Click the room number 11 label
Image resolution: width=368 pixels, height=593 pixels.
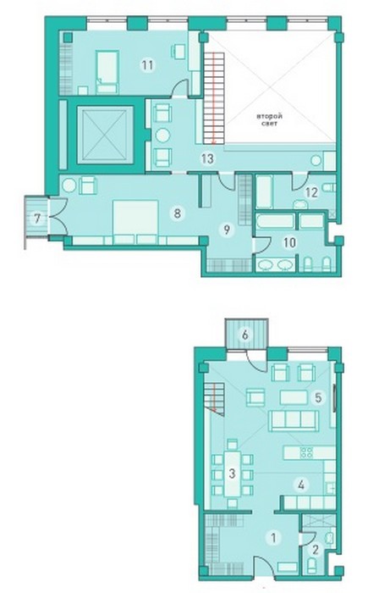pos(147,65)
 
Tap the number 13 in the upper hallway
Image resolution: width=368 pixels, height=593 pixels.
pos(207,158)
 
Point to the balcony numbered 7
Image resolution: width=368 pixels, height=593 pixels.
pos(36,219)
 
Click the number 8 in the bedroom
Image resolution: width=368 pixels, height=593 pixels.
pos(177,213)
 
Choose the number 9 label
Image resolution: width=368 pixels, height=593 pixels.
pos(227,229)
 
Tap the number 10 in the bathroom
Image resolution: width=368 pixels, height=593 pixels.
pos(289,242)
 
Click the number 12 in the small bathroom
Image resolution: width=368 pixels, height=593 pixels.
pos(311,192)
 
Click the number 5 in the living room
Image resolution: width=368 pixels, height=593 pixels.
pos(318,397)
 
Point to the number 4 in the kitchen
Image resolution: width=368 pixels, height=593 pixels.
pos(301,485)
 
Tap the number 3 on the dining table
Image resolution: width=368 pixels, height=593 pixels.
pos(232,473)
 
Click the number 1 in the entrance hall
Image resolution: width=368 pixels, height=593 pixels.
pos(273,537)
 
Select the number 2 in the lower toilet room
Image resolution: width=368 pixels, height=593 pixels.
pos(316,550)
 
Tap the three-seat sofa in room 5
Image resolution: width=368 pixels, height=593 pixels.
pos(294,420)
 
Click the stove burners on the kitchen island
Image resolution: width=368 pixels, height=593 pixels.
pos(306,452)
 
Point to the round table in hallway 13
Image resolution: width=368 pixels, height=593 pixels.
pos(162,136)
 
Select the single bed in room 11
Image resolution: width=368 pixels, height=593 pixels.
pos(107,72)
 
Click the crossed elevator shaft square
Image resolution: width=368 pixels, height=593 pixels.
pos(106,135)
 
